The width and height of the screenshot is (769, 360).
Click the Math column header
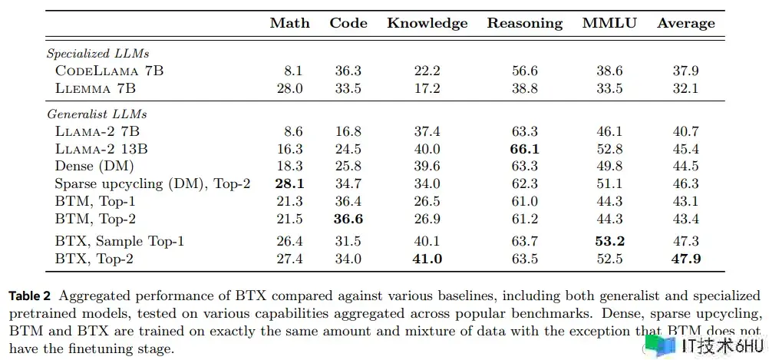pyautogui.click(x=290, y=23)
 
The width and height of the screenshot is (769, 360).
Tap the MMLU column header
pyautogui.click(x=609, y=23)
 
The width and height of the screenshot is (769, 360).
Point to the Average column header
pyautogui.click(x=686, y=23)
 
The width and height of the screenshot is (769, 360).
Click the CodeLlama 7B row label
pyautogui.click(x=109, y=71)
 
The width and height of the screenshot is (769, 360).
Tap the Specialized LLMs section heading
pyautogui.click(x=97, y=54)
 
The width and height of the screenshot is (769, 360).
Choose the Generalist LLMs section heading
pyautogui.click(x=96, y=114)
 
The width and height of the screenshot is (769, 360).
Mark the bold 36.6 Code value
pyautogui.click(x=348, y=218)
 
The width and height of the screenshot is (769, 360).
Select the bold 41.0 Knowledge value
pyautogui.click(x=427, y=259)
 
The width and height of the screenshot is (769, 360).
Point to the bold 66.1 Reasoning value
pyautogui.click(x=524, y=149)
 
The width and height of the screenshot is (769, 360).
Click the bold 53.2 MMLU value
pyautogui.click(x=609, y=241)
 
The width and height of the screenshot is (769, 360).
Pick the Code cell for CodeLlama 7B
pyautogui.click(x=348, y=71)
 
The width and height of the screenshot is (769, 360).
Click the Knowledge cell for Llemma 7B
pyautogui.click(x=427, y=88)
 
